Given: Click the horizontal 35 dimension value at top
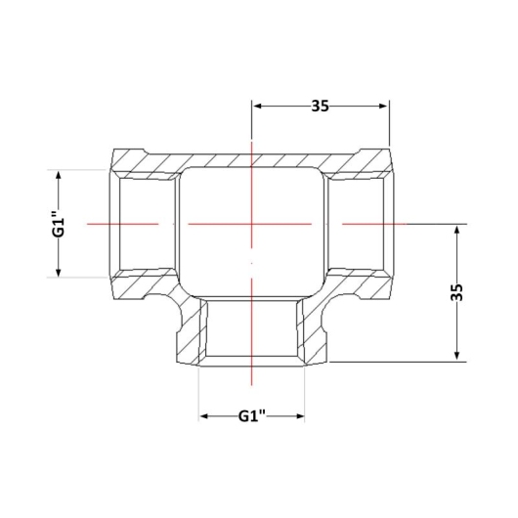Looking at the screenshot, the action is pyautogui.click(x=321, y=107).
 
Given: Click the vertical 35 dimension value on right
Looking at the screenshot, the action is pyautogui.click(x=456, y=292).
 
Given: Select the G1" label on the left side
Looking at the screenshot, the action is pyautogui.click(x=59, y=223).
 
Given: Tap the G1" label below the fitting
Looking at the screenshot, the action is pyautogui.click(x=252, y=416).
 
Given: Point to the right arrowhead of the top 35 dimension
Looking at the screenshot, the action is pyautogui.click(x=382, y=107).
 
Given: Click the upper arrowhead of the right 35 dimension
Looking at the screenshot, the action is pyautogui.click(x=456, y=231).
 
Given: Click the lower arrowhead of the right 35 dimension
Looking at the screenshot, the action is pyautogui.click(x=456, y=355).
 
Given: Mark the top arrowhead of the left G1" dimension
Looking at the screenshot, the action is pyautogui.click(x=59, y=176).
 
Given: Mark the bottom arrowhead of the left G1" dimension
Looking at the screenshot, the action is pyautogui.click(x=59, y=272).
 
